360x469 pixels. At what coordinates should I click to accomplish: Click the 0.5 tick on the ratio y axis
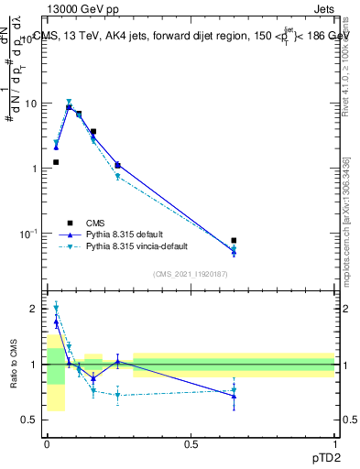click(x=31, y=420)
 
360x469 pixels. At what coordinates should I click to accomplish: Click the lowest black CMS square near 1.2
click(x=56, y=162)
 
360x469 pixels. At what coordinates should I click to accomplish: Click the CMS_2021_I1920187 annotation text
click(x=191, y=273)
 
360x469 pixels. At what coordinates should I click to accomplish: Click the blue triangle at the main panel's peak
click(x=69, y=107)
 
